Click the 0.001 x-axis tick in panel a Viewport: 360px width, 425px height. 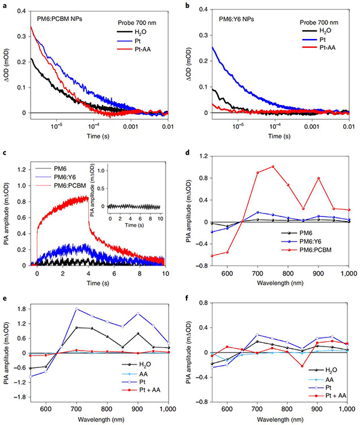coord(130,127)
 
